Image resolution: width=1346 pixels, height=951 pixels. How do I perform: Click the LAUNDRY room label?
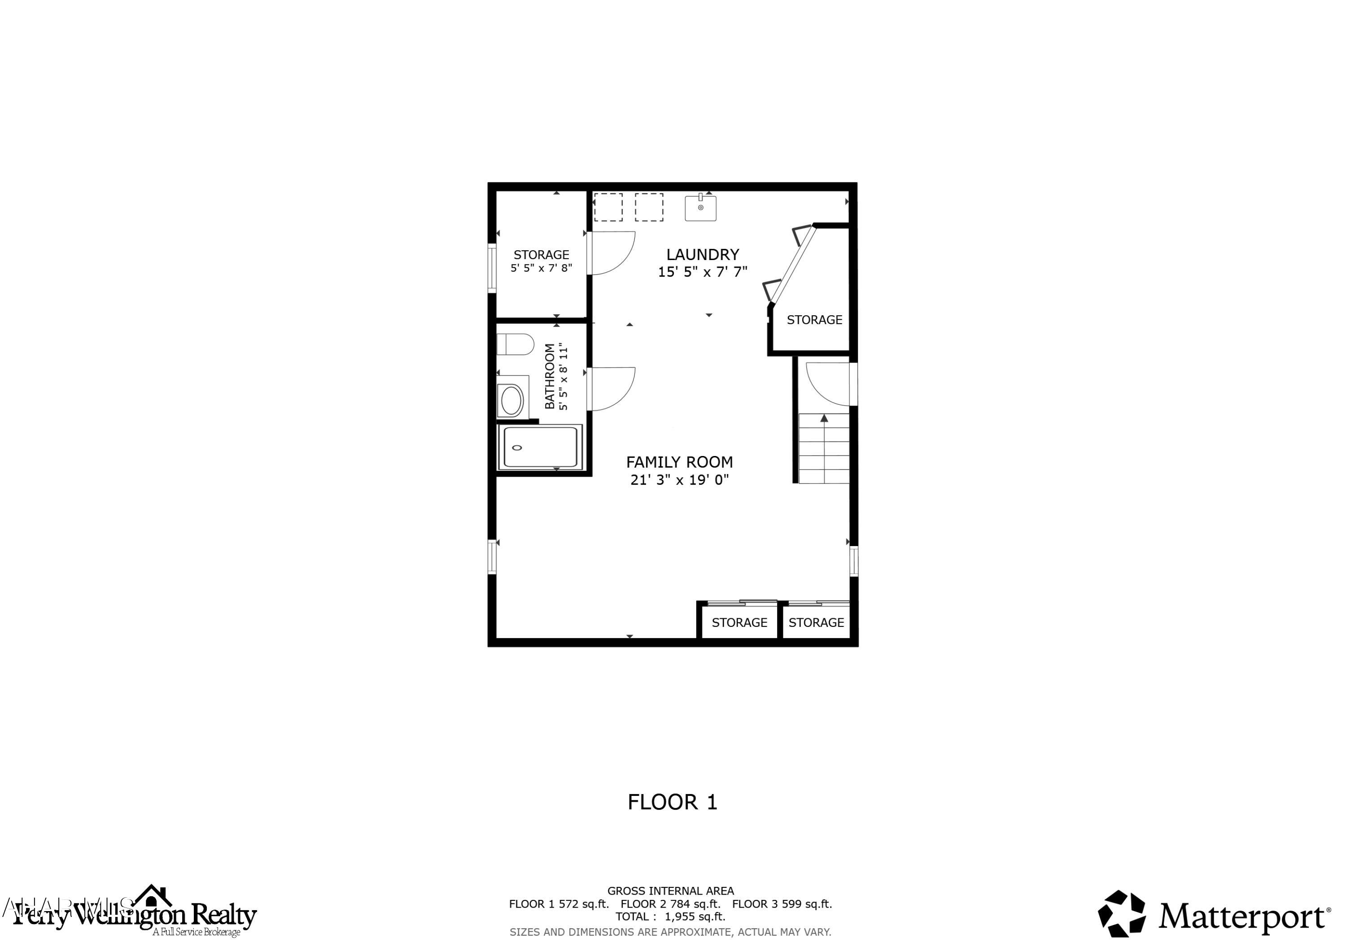[702, 255]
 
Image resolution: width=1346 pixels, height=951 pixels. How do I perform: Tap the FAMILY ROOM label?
[679, 462]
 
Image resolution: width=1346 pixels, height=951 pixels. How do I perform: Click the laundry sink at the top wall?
[700, 208]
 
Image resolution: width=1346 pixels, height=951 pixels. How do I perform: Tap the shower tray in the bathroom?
[541, 447]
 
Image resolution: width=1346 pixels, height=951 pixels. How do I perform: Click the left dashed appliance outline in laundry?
[608, 208]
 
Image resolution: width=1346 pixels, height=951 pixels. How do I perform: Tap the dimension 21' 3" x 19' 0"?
[679, 480]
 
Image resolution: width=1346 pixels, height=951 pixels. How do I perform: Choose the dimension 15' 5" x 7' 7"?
[702, 272]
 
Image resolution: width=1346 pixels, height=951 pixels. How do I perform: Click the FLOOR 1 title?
[673, 802]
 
